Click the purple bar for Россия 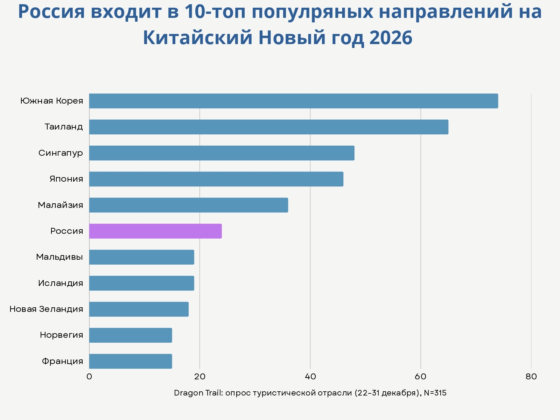tap(155, 231)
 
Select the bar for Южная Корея tap(293, 101)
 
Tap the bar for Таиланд tap(268, 127)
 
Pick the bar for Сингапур tap(222, 153)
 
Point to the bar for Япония tap(216, 179)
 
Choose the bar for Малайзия tap(188, 205)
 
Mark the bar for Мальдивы tap(141, 257)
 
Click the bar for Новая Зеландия tap(139, 309)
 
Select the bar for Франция tap(130, 361)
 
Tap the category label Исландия tap(61, 283)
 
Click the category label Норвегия tap(62, 335)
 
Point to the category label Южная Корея tap(52, 101)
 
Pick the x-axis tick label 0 tap(89, 377)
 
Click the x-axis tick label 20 tap(199, 377)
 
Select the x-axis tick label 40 tap(310, 377)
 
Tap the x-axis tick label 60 tap(421, 377)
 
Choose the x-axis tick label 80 tap(531, 377)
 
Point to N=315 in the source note tap(435, 393)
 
